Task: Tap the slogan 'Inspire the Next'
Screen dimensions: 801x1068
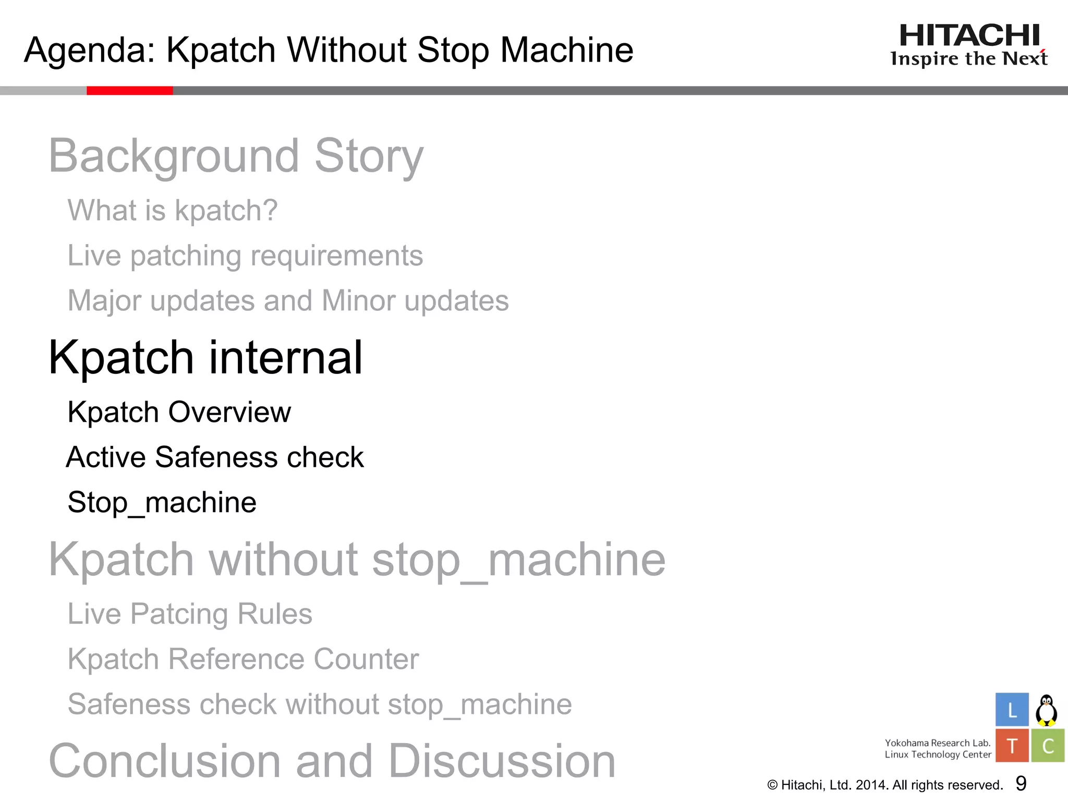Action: pyautogui.click(x=969, y=59)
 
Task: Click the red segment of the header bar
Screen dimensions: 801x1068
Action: pyautogui.click(x=129, y=91)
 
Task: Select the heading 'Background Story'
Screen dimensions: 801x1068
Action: pyautogui.click(x=236, y=156)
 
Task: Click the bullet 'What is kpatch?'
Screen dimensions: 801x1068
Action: pyautogui.click(x=173, y=210)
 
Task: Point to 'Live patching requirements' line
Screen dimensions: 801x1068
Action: pyautogui.click(x=245, y=256)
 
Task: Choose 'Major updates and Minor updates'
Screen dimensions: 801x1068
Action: pyautogui.click(x=288, y=301)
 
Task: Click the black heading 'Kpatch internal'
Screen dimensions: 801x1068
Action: pyautogui.click(x=205, y=358)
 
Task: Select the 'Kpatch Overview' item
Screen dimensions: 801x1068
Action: pyautogui.click(x=179, y=412)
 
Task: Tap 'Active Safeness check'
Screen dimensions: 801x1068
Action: pyautogui.click(x=215, y=457)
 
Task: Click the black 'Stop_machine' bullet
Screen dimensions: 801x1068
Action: pyautogui.click(x=162, y=502)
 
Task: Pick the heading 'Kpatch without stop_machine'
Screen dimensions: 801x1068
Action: pyautogui.click(x=357, y=560)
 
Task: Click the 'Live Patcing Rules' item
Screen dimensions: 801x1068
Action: pyautogui.click(x=190, y=614)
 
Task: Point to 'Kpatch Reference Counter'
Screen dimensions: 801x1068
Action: pyautogui.click(x=243, y=659)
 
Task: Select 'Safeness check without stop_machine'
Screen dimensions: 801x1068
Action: pyautogui.click(x=320, y=705)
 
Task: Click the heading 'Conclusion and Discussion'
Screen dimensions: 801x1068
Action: pyautogui.click(x=332, y=761)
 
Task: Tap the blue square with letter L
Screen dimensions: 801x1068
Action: pyautogui.click(x=1012, y=710)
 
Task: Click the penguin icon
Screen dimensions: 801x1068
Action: pyautogui.click(x=1046, y=710)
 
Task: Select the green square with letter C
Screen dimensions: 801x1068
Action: pyautogui.click(x=1047, y=746)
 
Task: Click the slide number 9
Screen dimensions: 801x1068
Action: pyautogui.click(x=1021, y=783)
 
